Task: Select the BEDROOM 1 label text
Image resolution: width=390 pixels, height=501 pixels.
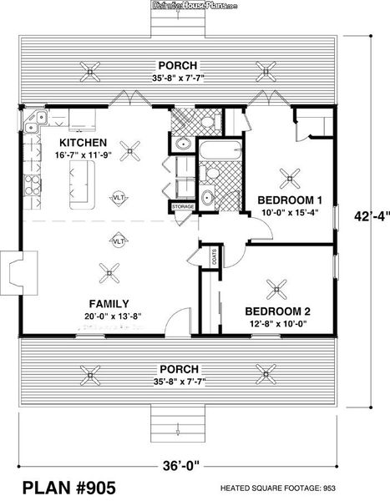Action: coord(289,200)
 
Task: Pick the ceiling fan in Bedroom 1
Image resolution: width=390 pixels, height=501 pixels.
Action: coord(291,176)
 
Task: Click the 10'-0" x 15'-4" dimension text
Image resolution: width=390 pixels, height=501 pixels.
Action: coord(289,213)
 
